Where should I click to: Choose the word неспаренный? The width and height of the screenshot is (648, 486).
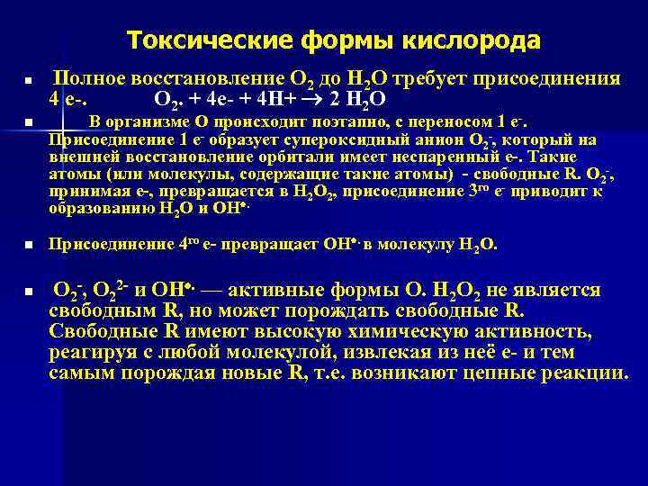point(403,156)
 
